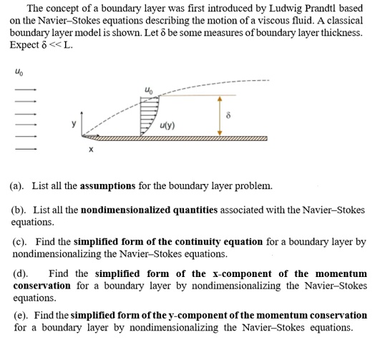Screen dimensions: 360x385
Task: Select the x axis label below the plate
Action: (x=90, y=150)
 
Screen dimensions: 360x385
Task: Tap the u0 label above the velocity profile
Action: (x=148, y=89)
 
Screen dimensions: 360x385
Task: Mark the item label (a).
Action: (x=16, y=186)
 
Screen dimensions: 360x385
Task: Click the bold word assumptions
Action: (x=107, y=186)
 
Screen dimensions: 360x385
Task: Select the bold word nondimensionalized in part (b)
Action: (x=126, y=210)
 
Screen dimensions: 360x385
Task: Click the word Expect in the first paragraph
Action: (x=24, y=45)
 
